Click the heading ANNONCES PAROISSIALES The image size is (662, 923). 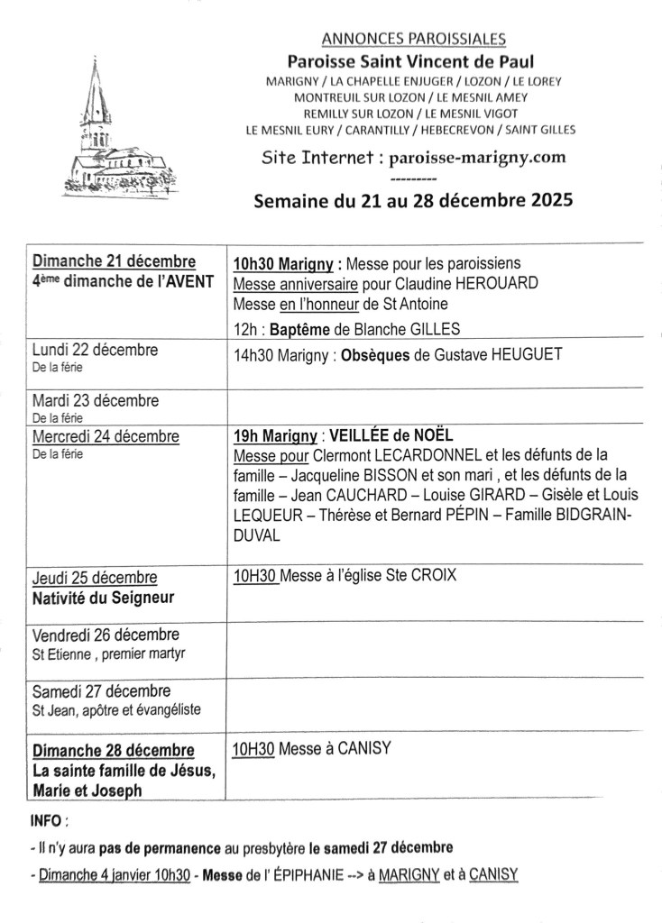point(413,39)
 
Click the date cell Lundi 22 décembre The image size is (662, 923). point(95,350)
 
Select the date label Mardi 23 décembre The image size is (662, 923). point(95,400)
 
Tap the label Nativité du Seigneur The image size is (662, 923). point(104,598)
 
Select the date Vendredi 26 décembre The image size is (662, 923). point(106,635)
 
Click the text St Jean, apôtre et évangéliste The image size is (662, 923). point(116,709)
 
